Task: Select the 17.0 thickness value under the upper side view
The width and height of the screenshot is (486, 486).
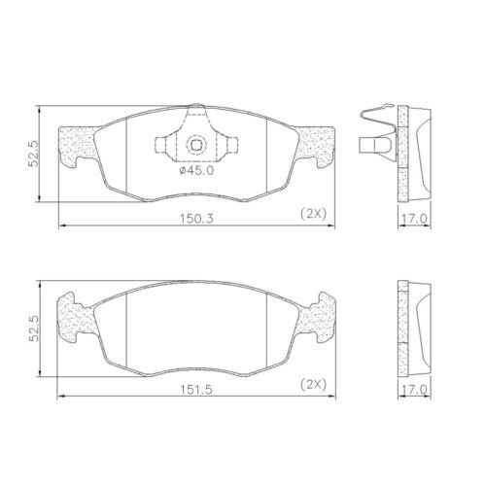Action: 416,221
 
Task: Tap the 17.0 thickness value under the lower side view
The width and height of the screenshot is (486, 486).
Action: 416,389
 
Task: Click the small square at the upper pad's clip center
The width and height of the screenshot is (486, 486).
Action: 196,146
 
